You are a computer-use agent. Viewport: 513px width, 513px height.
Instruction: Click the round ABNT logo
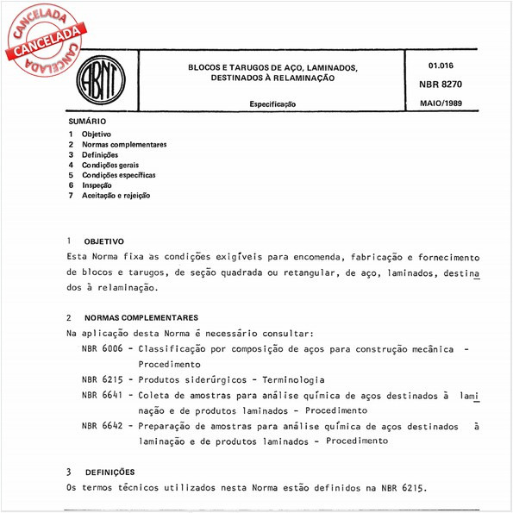click(x=102, y=84)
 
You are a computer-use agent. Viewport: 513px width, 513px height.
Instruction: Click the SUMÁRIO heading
click(x=87, y=122)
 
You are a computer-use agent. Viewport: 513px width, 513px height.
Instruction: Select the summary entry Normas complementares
click(x=124, y=145)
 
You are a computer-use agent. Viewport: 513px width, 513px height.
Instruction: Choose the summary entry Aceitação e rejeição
click(x=116, y=196)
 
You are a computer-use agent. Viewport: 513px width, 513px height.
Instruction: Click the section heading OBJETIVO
click(x=103, y=241)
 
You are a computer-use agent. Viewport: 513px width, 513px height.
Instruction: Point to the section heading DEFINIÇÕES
click(x=109, y=472)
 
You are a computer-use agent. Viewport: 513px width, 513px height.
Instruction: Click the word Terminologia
click(x=289, y=379)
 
